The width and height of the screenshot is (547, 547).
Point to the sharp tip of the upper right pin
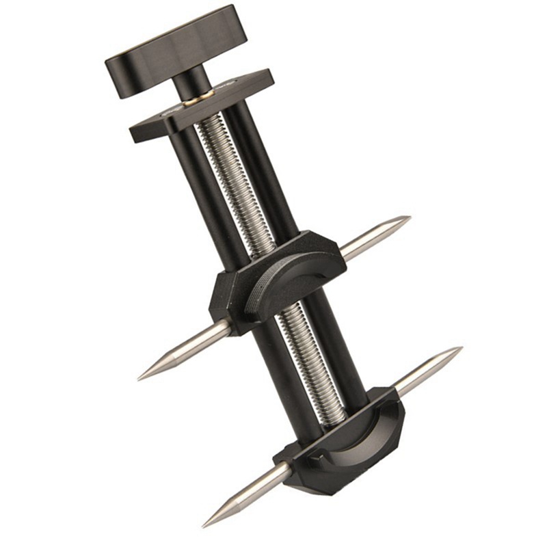click(408, 218)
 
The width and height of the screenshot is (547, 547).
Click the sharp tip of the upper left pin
click(139, 378)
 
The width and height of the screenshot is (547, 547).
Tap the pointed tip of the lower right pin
click(460, 349)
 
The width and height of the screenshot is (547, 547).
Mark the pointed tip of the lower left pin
click(204, 525)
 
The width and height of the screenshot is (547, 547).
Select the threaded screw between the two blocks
click(301, 349)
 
